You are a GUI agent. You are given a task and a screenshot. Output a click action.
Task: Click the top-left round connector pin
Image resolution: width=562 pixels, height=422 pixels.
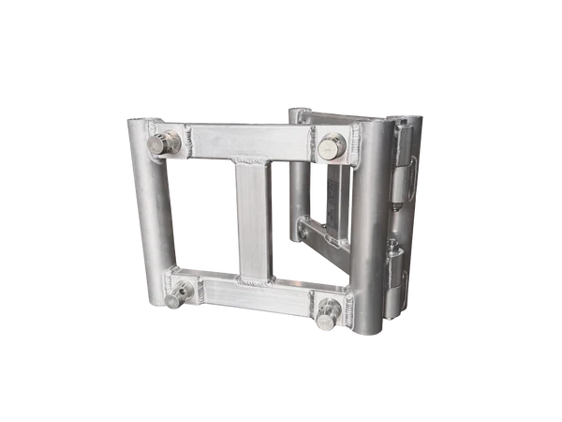pos(164,143)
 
